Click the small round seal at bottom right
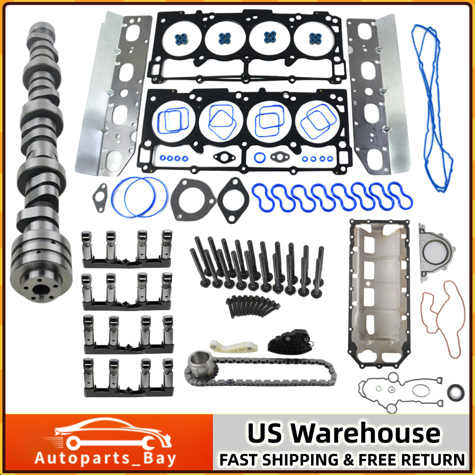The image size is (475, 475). [x=454, y=392]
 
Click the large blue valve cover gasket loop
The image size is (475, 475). [x=432, y=104]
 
